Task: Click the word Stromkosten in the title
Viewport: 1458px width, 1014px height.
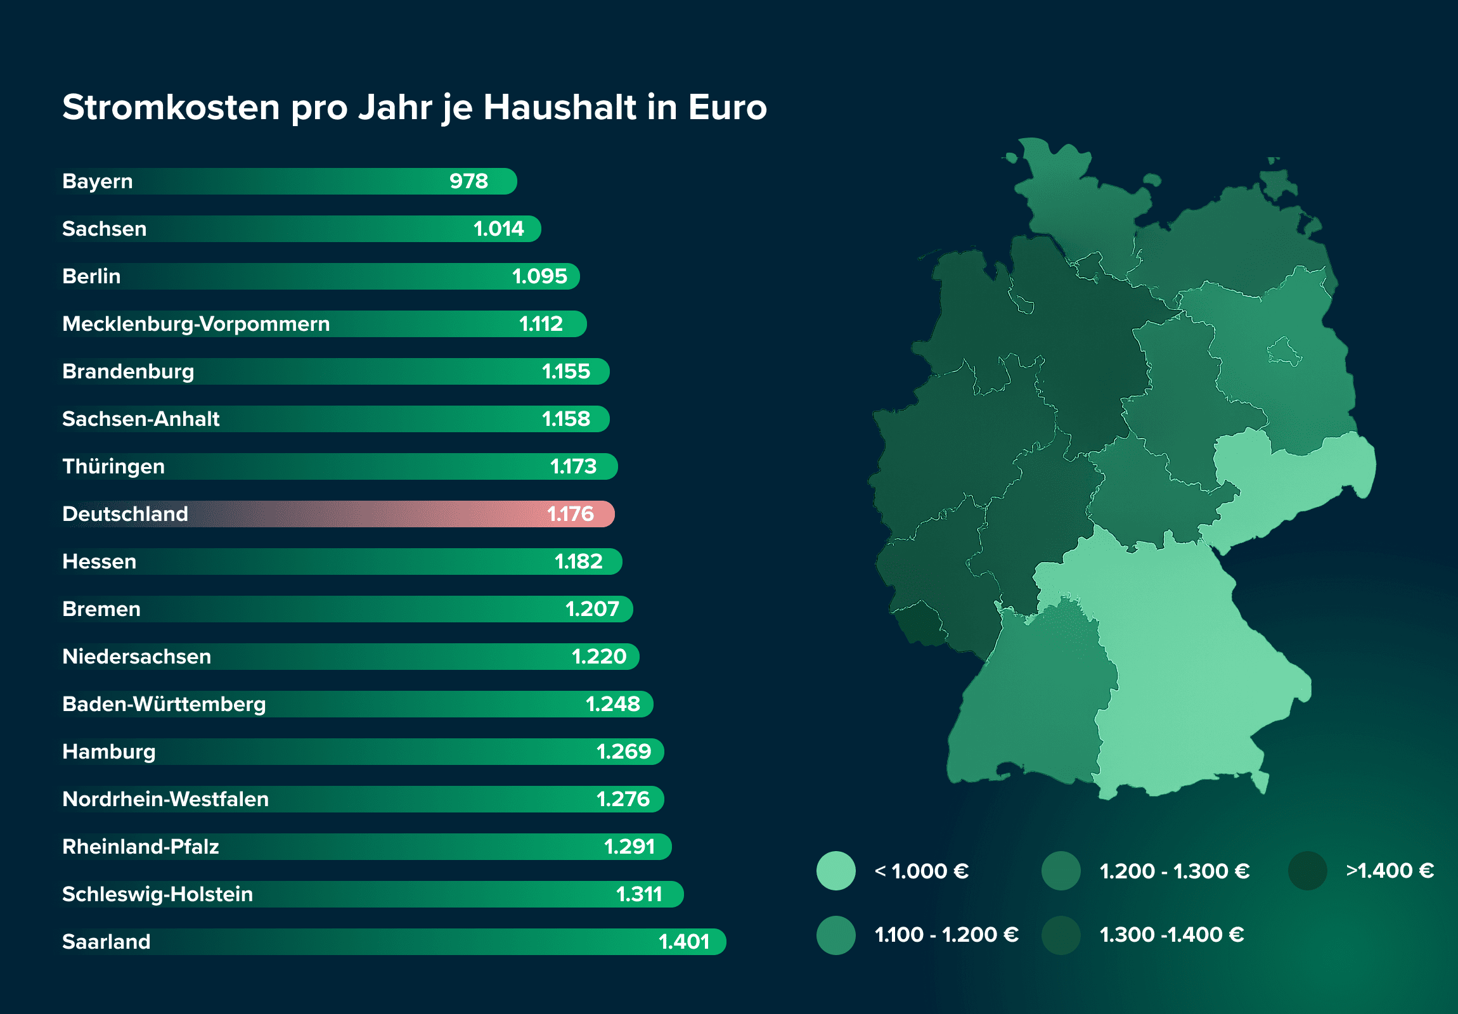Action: (x=171, y=107)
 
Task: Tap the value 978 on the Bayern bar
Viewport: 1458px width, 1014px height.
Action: (x=468, y=182)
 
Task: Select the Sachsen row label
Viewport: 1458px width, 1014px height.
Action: (x=104, y=229)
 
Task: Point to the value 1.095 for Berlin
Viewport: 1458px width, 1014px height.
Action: (x=539, y=276)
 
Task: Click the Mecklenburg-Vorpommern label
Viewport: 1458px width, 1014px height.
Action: (x=196, y=324)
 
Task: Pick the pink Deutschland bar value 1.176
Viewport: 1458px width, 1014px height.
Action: (x=571, y=514)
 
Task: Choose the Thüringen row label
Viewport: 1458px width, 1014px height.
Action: (x=113, y=466)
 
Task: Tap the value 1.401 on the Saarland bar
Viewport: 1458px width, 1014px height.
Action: (x=683, y=942)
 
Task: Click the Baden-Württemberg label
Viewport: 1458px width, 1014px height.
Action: (x=164, y=704)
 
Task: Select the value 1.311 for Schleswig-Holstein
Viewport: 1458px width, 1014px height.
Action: (x=639, y=894)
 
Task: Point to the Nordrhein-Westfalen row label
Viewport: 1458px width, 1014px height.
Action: (x=165, y=799)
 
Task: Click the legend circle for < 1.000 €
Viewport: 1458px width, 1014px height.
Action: (x=835, y=871)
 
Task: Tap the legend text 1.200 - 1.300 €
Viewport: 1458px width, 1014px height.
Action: (x=1174, y=871)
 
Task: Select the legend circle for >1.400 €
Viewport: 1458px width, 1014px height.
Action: (x=1307, y=871)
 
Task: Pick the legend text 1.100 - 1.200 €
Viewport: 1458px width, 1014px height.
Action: (x=946, y=935)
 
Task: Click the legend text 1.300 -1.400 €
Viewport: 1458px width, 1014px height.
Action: (x=1171, y=935)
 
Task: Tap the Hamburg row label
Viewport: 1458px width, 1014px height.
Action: (x=108, y=752)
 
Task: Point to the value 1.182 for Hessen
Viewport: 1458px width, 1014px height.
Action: (x=578, y=562)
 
